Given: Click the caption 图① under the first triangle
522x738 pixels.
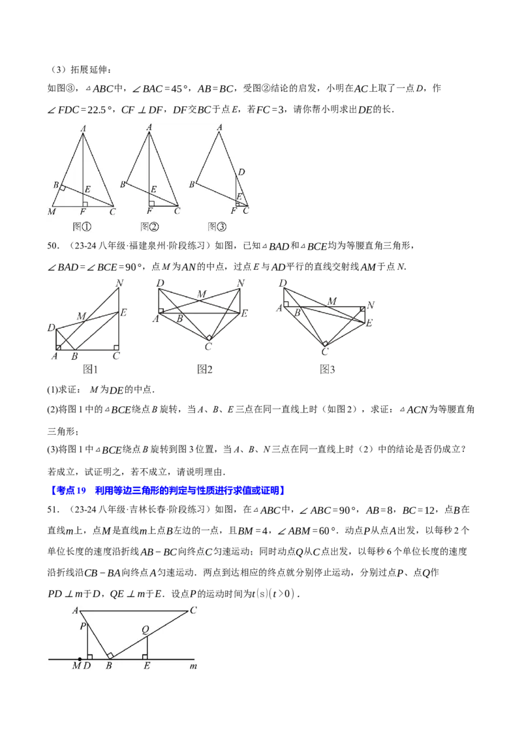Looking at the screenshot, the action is [x=82, y=227].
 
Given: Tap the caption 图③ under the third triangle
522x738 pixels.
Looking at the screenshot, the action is [x=217, y=227].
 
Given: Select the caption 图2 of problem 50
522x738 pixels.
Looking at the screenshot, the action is [x=204, y=370].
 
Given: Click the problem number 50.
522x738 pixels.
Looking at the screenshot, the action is [x=54, y=246].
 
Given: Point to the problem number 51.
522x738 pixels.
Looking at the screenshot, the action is [x=54, y=510].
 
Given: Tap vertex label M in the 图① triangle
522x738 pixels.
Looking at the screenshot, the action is [x=52, y=212].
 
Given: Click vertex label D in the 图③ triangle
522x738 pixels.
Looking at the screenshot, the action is [x=241, y=172].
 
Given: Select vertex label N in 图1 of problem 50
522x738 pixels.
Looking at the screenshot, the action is [x=119, y=283].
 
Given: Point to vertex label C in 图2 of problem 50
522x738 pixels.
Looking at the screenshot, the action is [x=208, y=347].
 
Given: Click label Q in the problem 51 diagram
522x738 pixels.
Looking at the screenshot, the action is [x=145, y=630].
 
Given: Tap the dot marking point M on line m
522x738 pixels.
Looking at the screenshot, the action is [x=80, y=659].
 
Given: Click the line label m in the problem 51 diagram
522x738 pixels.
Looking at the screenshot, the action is [x=193, y=666].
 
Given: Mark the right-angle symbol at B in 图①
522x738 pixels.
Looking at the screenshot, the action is [x=62, y=188].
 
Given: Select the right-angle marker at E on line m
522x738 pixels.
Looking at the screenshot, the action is [x=145, y=657].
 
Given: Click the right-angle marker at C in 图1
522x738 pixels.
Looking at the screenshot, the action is [x=116, y=348].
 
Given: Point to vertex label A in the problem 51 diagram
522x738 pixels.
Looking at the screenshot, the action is [x=76, y=610].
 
